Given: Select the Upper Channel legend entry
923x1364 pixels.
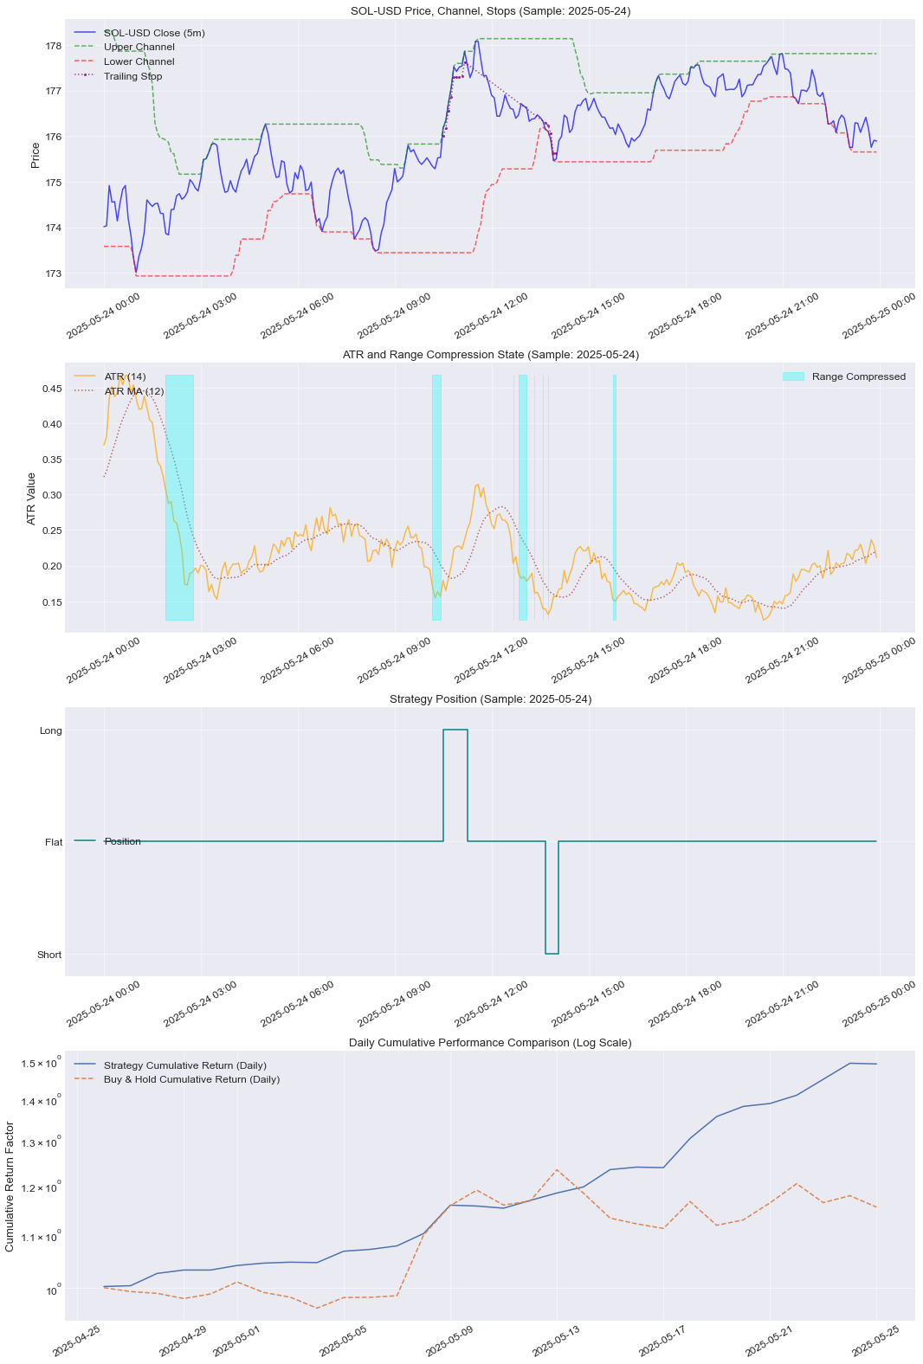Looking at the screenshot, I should (x=139, y=47).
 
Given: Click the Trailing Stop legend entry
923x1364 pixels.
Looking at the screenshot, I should (x=132, y=76).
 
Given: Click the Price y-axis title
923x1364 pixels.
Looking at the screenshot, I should (x=35, y=155).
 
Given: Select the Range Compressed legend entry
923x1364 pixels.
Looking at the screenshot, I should (x=858, y=376).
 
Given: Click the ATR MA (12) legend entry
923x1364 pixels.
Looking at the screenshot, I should (x=133, y=391).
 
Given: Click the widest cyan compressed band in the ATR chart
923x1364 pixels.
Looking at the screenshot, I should (x=179, y=498).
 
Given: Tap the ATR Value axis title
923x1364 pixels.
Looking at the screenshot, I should (x=32, y=498).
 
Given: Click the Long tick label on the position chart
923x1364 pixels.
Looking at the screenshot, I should (x=51, y=730).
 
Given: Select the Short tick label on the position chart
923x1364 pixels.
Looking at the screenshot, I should (x=49, y=955).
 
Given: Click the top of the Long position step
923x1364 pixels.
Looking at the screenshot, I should (x=455, y=730).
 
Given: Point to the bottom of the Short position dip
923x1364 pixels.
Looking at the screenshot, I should (x=552, y=954).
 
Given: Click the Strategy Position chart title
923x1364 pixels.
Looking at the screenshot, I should (x=490, y=698).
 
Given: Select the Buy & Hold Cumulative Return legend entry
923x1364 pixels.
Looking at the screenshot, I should (x=191, y=1079).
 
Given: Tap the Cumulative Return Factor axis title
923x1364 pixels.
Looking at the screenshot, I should (x=10, y=1186).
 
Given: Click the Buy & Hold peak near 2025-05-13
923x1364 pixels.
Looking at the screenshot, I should (x=557, y=1169).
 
